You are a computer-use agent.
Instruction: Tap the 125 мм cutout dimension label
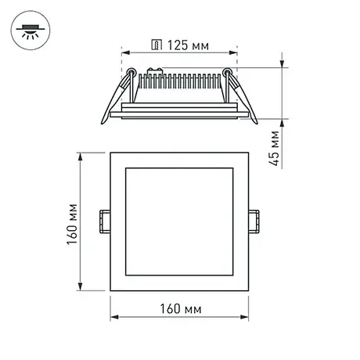point(188,45)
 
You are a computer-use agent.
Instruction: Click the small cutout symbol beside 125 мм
point(157,45)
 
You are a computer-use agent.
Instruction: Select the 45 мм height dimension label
point(274,148)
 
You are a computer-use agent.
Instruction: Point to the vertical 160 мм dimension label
point(72,224)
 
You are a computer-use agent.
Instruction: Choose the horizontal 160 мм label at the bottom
point(181,308)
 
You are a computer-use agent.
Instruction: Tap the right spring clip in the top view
point(254,221)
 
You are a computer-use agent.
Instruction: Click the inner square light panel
point(179,221)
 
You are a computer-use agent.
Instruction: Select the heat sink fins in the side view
point(180,81)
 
